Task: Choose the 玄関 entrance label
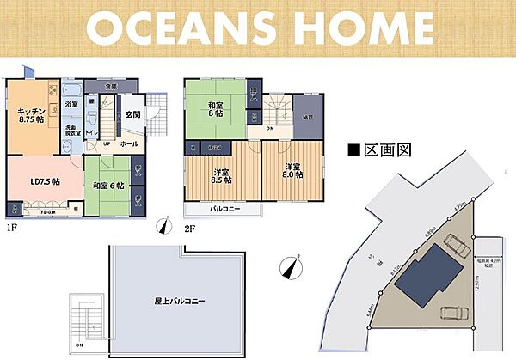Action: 132,115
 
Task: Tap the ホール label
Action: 129,144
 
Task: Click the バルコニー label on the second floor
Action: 223,209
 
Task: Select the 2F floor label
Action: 188,229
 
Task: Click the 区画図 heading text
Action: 384,149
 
